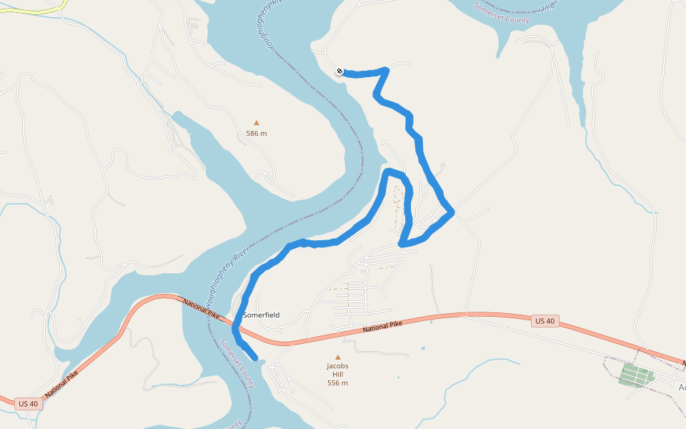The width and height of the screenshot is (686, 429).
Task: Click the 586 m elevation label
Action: click(x=257, y=133)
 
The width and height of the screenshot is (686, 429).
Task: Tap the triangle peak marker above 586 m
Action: click(x=257, y=122)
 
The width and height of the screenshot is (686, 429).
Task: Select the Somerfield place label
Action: click(x=261, y=315)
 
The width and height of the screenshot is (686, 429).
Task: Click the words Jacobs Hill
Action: click(x=337, y=370)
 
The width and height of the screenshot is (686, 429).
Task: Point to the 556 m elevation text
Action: click(x=337, y=383)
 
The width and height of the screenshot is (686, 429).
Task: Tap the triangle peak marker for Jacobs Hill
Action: click(x=338, y=357)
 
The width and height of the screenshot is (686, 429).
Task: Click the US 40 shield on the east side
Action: click(x=545, y=321)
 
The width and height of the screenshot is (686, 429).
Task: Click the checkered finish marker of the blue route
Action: click(x=339, y=71)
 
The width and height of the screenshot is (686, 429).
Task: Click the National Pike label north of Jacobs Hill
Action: click(x=382, y=327)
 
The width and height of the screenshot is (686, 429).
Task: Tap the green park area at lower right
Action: click(x=637, y=375)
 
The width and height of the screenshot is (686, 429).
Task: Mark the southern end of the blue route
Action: click(x=254, y=356)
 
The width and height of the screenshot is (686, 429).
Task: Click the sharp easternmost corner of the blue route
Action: click(x=452, y=211)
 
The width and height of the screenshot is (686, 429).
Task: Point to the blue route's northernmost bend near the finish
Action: click(x=386, y=69)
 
